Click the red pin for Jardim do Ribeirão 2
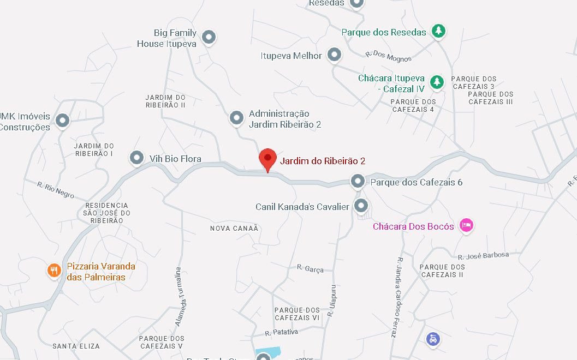pyautogui.click(x=267, y=159)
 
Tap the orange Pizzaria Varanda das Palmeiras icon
pyautogui.click(x=53, y=271)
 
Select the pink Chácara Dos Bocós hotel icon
pyautogui.click(x=466, y=225)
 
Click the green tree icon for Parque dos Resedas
pyautogui.click(x=438, y=32)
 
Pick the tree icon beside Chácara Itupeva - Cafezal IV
pyautogui.click(x=436, y=82)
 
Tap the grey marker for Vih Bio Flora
pyautogui.click(x=136, y=158)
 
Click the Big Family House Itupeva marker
pyautogui.click(x=209, y=37)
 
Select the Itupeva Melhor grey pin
pyautogui.click(x=334, y=55)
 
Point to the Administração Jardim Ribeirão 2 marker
pyautogui.click(x=236, y=117)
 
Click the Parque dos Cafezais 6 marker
pyautogui.click(x=358, y=181)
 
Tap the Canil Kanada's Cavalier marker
pyautogui.click(x=360, y=206)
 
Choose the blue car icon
pyautogui.click(x=433, y=339)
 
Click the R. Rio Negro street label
pyautogui.click(x=56, y=190)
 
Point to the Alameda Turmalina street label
pyautogui.click(x=177, y=297)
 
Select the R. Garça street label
pyautogui.click(x=310, y=268)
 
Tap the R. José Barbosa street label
pyautogui.click(x=483, y=256)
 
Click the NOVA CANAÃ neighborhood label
pyautogui.click(x=234, y=228)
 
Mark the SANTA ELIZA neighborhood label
pyautogui.click(x=76, y=346)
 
